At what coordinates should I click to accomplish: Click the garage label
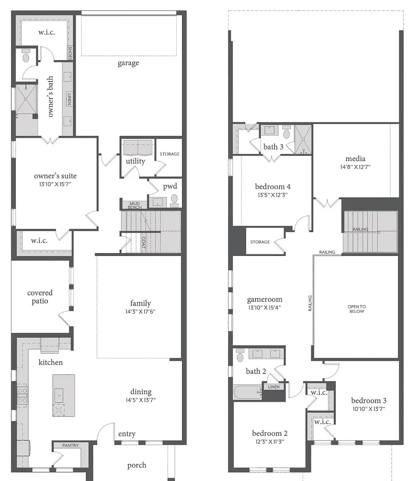click(x=128, y=63)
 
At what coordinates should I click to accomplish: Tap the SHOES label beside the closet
click(x=70, y=53)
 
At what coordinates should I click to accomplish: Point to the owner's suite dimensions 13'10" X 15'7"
click(x=55, y=184)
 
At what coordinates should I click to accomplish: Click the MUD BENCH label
click(x=135, y=205)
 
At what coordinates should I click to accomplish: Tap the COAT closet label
click(x=143, y=243)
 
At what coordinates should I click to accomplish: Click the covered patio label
click(x=40, y=297)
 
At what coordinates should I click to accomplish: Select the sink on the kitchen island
click(x=59, y=395)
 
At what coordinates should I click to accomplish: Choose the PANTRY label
click(x=70, y=446)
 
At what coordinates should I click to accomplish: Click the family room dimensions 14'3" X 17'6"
click(x=141, y=311)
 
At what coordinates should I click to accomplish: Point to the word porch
click(x=137, y=466)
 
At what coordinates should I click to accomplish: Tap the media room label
click(x=355, y=159)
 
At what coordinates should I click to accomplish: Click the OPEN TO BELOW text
click(x=356, y=309)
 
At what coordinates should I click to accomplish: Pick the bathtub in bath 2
click(x=247, y=392)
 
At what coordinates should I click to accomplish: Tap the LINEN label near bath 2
click(x=274, y=387)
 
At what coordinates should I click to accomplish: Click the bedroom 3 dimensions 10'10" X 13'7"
click(x=369, y=409)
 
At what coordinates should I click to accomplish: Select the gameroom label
click(x=264, y=299)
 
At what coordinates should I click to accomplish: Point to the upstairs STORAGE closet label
click(x=260, y=242)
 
